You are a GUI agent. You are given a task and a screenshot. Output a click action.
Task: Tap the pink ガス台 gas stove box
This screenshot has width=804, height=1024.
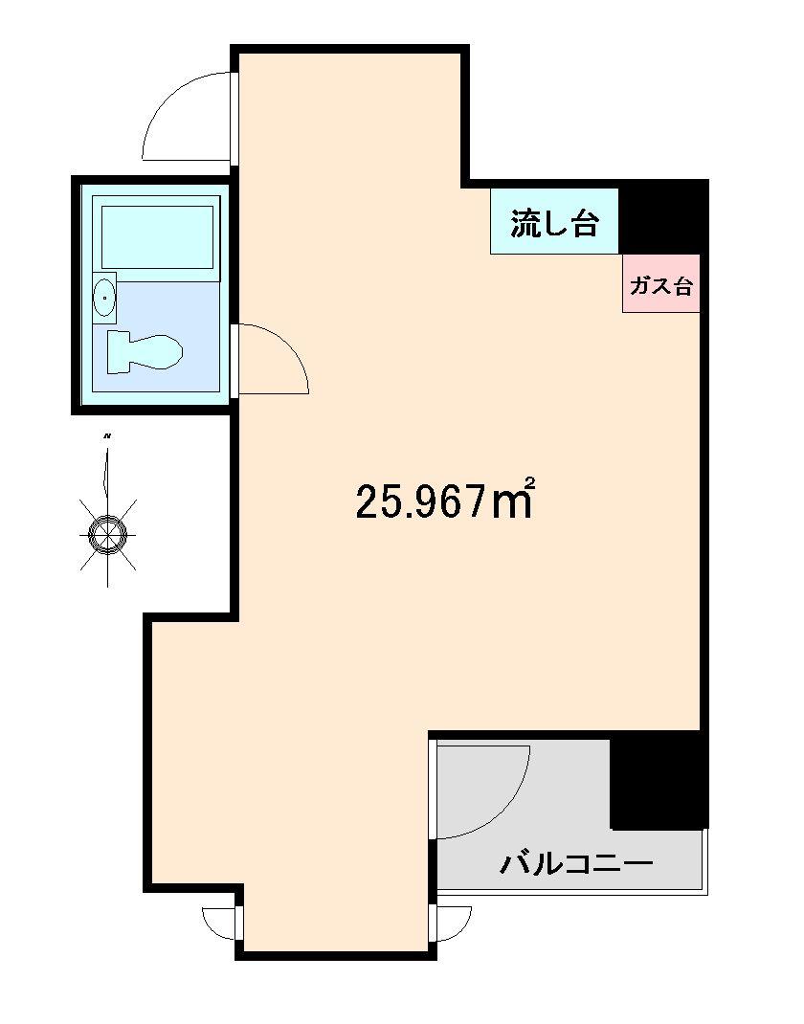click(x=660, y=283)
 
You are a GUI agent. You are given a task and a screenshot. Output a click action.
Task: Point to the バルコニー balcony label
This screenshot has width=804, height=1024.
click(x=576, y=864)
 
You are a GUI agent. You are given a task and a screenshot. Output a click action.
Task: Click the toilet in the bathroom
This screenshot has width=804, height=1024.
click(x=144, y=351)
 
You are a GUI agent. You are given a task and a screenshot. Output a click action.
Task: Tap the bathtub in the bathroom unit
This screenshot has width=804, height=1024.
click(x=157, y=236)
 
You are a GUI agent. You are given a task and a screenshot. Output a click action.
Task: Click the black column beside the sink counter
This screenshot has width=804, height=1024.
click(x=661, y=216)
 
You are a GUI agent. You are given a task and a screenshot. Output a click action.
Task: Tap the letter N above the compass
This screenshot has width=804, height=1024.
click(x=108, y=436)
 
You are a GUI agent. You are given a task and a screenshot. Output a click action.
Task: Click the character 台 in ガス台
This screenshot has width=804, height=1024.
click(x=681, y=284)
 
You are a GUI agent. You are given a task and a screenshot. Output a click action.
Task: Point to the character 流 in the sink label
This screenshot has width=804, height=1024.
click(x=525, y=223)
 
